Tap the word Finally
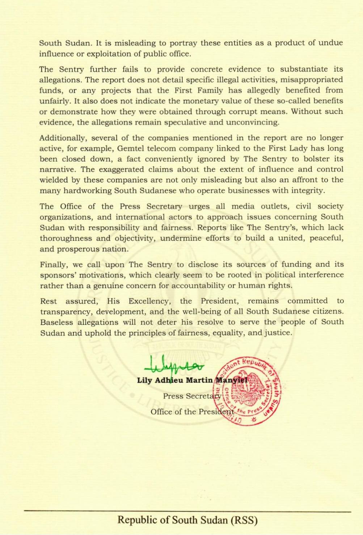click(53, 264)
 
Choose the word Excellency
click(149, 301)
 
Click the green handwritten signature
click(174, 366)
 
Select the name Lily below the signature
click(144, 380)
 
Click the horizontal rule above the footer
click(187, 511)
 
